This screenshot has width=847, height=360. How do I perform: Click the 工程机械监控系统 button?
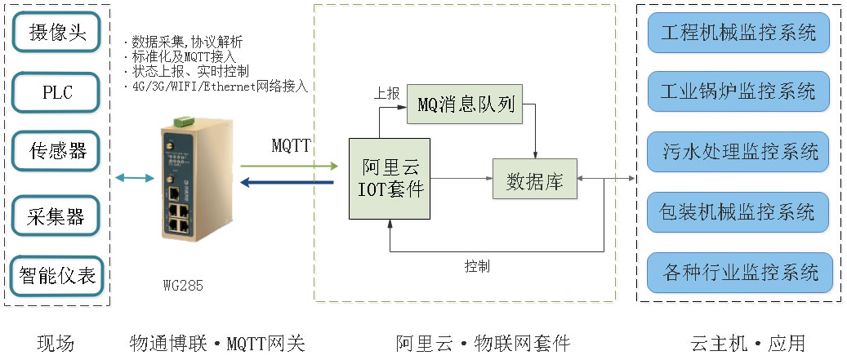point(738,33)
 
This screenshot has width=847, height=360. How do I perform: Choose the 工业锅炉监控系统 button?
point(738,91)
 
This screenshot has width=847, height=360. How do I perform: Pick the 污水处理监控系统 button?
point(738,152)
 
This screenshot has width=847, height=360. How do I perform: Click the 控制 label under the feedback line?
point(477,267)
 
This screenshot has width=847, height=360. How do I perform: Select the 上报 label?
point(387,93)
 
